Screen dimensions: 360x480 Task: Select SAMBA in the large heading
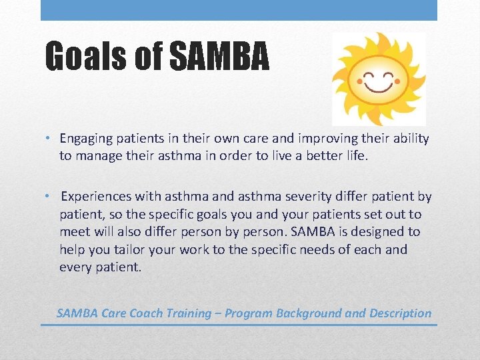pyautogui.click(x=219, y=56)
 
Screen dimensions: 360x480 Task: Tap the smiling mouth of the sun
pyautogui.click(x=378, y=85)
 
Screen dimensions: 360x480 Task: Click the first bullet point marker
pyautogui.click(x=50, y=139)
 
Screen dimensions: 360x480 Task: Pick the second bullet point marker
pyautogui.click(x=50, y=197)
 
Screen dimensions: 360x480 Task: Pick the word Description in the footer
pyautogui.click(x=400, y=313)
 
